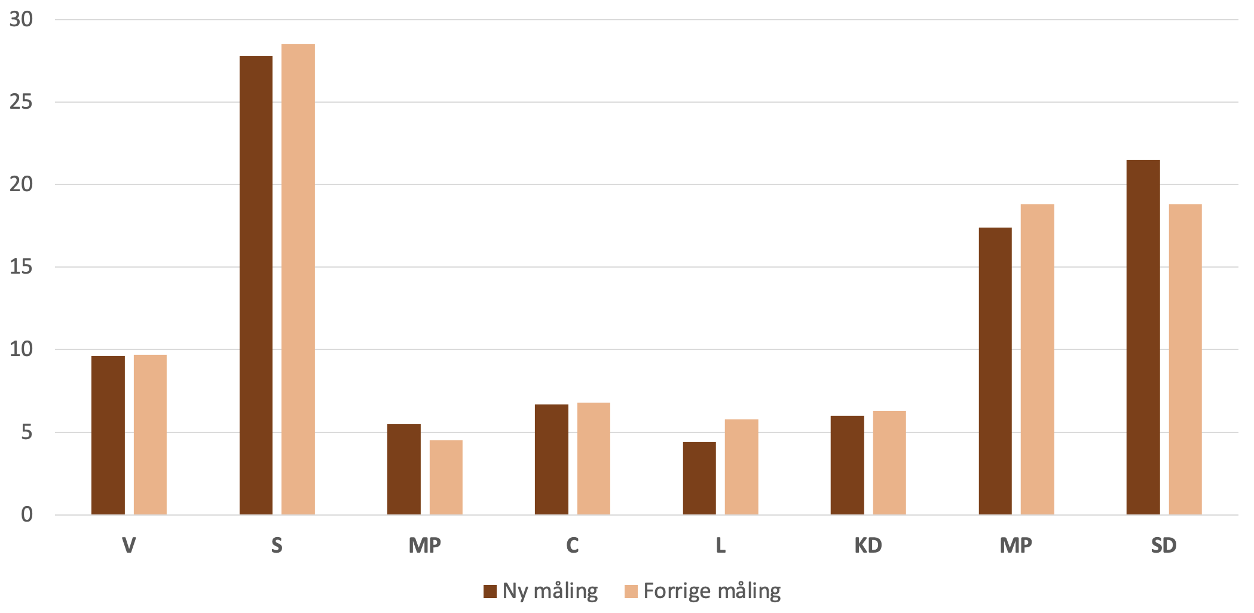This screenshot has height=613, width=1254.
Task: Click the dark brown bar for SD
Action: [1143, 338]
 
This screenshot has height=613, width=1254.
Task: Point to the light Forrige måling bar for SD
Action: [1185, 359]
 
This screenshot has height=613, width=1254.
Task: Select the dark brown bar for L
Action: [699, 478]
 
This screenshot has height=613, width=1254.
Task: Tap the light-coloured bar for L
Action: [741, 467]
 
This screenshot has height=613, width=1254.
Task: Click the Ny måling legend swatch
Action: [490, 591]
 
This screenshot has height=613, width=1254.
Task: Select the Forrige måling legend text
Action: [712, 591]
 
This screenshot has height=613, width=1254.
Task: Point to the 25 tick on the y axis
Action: [21, 102]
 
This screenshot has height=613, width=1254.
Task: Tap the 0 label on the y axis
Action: [27, 514]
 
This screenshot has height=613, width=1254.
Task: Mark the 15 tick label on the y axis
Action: [21, 267]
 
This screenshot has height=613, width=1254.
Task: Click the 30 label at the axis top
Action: [21, 20]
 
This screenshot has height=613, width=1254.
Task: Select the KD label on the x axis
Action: [868, 545]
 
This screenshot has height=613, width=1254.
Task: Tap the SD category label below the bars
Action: [1164, 545]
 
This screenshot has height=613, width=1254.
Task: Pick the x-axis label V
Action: [129, 545]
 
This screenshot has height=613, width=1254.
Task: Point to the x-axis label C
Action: [573, 545]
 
